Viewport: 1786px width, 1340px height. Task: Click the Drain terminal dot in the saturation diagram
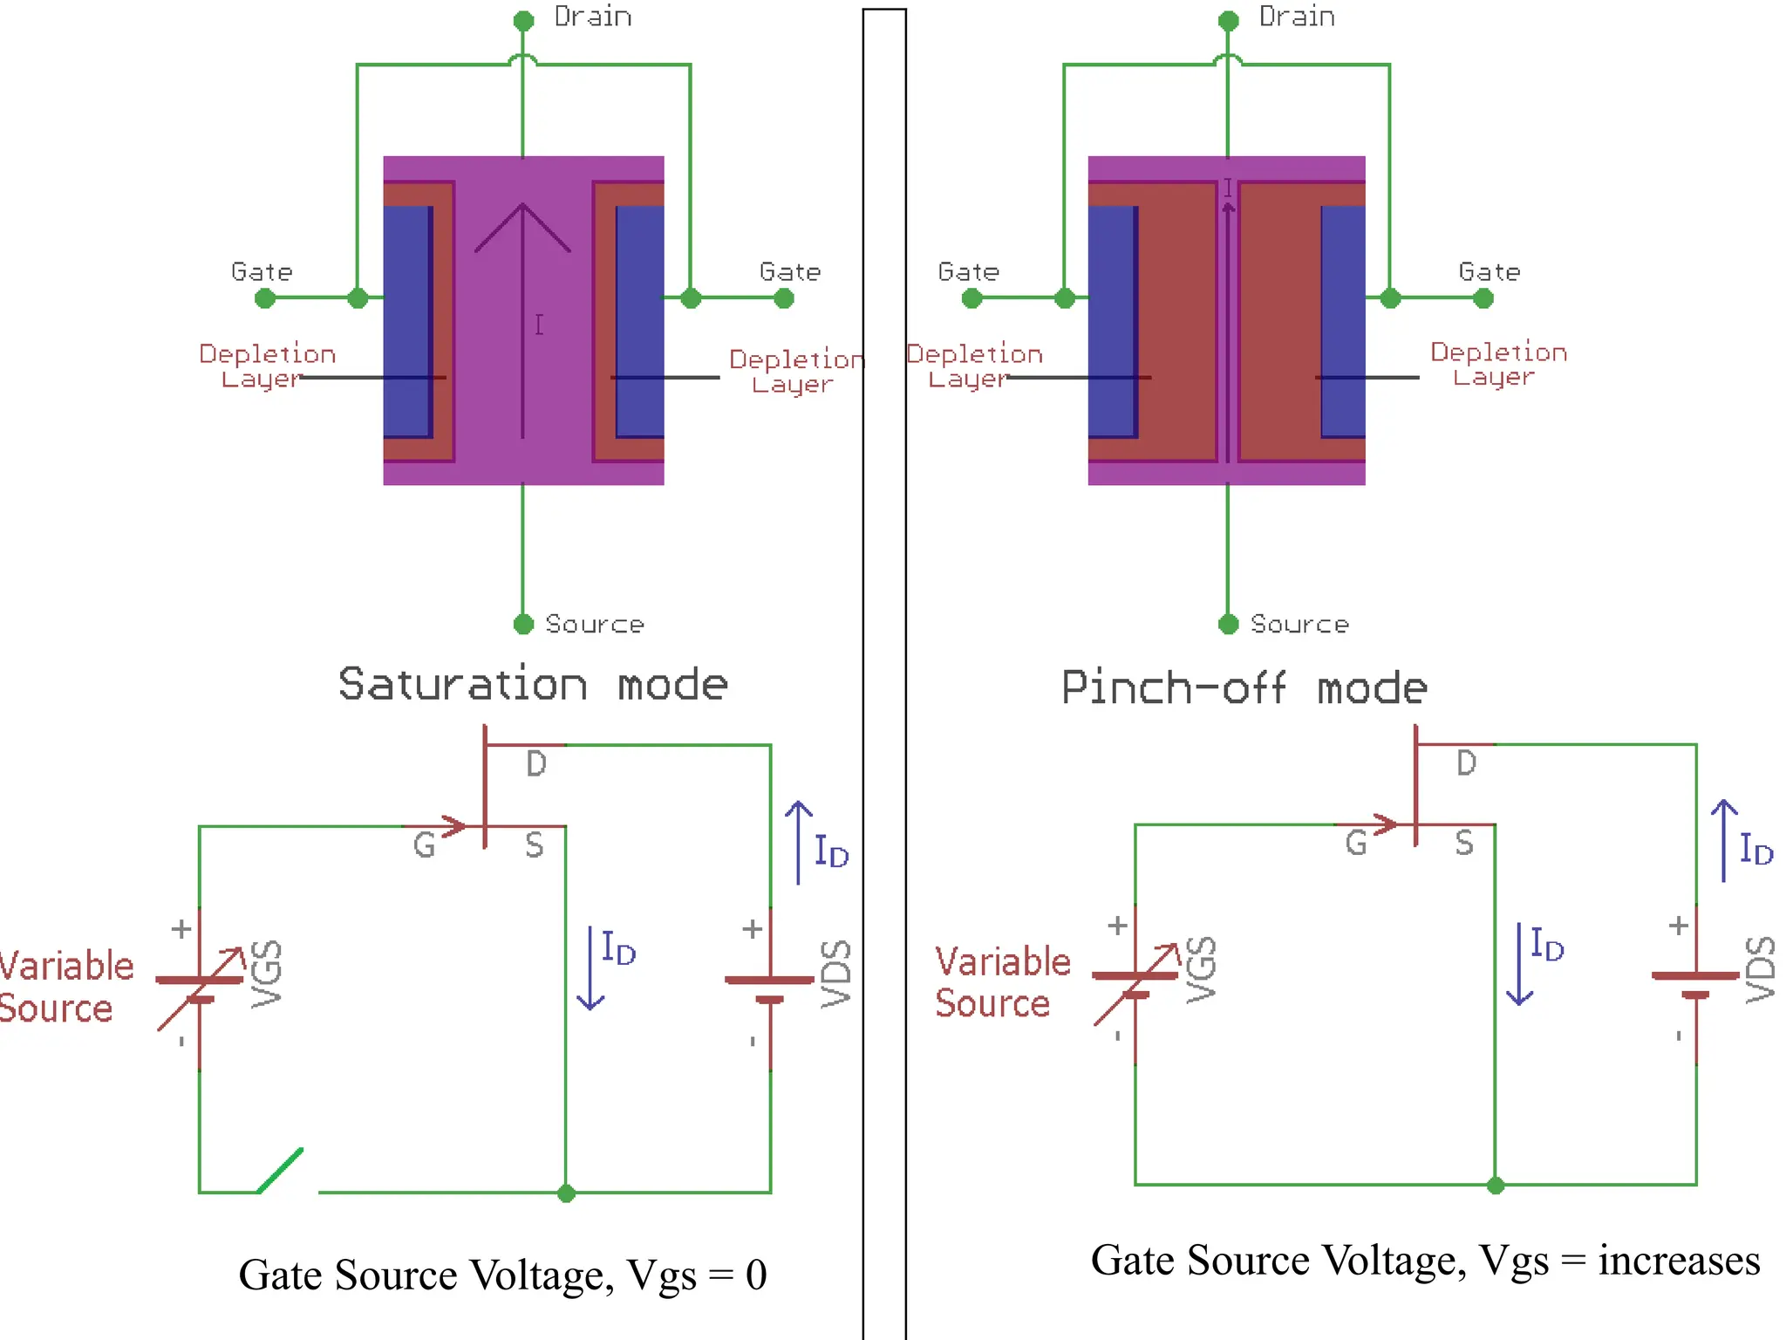pos(523,21)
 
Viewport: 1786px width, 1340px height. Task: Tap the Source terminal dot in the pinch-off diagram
pos(1228,624)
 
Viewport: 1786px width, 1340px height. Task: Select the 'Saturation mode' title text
pos(533,684)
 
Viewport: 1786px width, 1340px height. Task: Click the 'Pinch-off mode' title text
pos(1244,688)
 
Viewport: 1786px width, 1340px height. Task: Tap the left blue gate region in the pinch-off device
pos(1112,322)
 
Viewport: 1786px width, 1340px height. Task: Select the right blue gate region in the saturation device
pos(640,322)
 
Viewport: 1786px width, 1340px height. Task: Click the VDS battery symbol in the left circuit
pos(769,988)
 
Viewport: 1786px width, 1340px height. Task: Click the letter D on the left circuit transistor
pos(536,764)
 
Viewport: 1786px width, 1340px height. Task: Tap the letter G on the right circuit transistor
pos(1355,843)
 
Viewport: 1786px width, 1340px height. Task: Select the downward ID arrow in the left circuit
pos(590,968)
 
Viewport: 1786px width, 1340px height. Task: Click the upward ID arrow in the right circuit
pos(1723,840)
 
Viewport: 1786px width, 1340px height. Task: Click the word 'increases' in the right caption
pos(1679,1261)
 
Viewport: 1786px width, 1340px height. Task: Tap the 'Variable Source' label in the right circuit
pos(1002,982)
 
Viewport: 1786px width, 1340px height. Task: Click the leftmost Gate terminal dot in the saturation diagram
pos(265,298)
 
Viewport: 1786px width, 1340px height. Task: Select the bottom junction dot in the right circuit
pos(1495,1185)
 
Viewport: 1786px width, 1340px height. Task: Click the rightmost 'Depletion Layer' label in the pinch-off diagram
pos(1497,364)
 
